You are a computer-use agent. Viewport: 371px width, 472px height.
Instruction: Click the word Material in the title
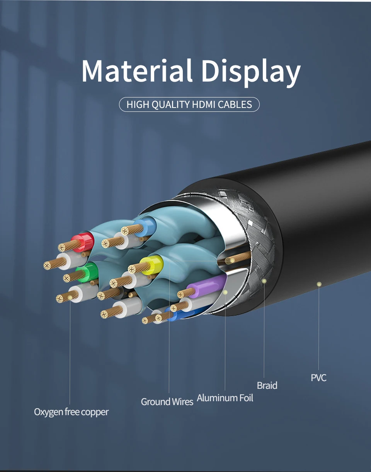coord(137,70)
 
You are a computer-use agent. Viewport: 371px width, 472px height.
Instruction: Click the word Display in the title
coord(251,72)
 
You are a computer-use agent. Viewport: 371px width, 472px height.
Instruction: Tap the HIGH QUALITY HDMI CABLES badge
coord(189,104)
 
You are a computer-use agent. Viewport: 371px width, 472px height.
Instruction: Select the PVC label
coord(318,378)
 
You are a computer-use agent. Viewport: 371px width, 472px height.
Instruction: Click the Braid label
coord(267,385)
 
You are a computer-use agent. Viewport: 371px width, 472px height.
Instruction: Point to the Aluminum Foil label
coord(225,398)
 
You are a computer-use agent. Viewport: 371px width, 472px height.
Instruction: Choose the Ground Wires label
coord(167,402)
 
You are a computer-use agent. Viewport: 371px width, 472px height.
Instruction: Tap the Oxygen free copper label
coord(71,412)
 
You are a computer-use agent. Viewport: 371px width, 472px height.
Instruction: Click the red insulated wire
coord(86,241)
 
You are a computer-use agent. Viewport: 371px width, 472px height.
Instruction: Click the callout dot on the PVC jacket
coord(319,284)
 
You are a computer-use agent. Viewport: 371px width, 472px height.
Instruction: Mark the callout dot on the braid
coord(264,281)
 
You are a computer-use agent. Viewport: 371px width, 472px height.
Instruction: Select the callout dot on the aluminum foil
coord(225,292)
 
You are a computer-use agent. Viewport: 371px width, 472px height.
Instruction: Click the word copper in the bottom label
coord(95,412)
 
